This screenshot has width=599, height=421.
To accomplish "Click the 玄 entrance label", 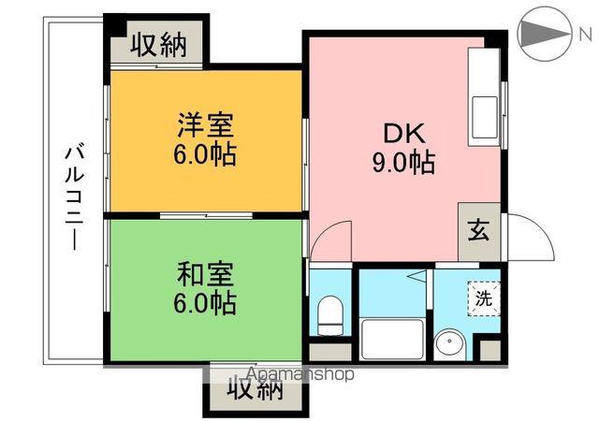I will (477, 229).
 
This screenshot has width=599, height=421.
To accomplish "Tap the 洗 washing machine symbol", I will (483, 299).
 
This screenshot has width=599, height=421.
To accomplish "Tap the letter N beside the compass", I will (584, 35).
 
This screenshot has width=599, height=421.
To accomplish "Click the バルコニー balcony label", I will (74, 196).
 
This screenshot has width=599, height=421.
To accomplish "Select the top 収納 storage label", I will (157, 43).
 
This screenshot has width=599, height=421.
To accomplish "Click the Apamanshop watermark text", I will (300, 374).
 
